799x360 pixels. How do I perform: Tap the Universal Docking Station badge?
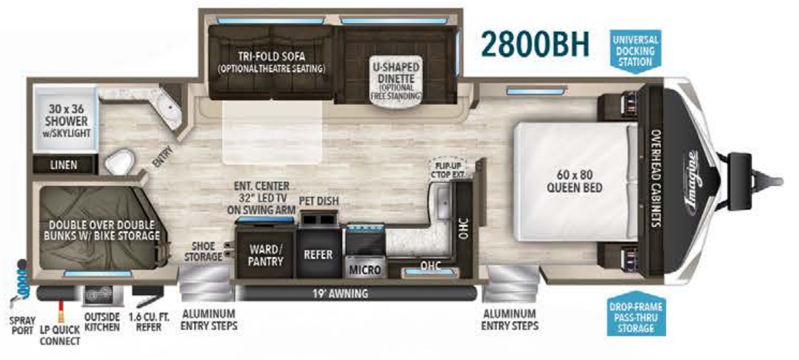pyautogui.click(x=635, y=50)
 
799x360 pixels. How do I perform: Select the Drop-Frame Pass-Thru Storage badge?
pyautogui.click(x=636, y=316)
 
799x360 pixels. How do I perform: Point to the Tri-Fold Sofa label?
pyautogui.click(x=271, y=61)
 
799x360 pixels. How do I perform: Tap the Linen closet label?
pyautogui.click(x=64, y=165)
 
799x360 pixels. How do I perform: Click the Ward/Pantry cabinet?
pyautogui.click(x=265, y=255)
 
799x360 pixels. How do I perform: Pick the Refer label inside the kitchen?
pyautogui.click(x=318, y=255)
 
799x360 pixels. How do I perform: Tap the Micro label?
pyautogui.click(x=365, y=270)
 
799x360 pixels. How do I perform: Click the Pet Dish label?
pyautogui.click(x=318, y=202)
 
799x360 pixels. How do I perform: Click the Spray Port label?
pyautogui.click(x=22, y=324)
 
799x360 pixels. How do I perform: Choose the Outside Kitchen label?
pyautogui.click(x=102, y=322)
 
